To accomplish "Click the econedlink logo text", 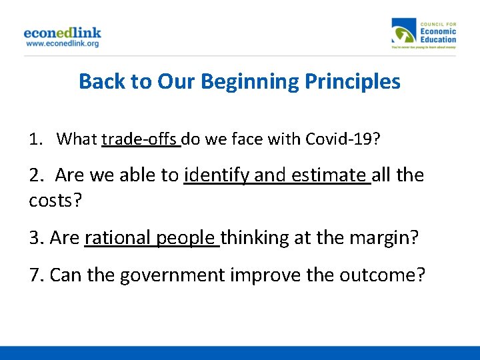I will pyautogui.click(x=62, y=32).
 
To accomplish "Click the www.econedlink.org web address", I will pyautogui.click(x=62, y=44).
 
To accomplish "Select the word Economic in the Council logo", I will pyautogui.click(x=438, y=31).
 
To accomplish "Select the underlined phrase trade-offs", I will pyautogui.click(x=140, y=139).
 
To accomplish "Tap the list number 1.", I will pyautogui.click(x=35, y=139).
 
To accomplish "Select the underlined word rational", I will pyautogui.click(x=118, y=237).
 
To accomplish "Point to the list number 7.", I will pyautogui.click(x=36, y=275).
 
